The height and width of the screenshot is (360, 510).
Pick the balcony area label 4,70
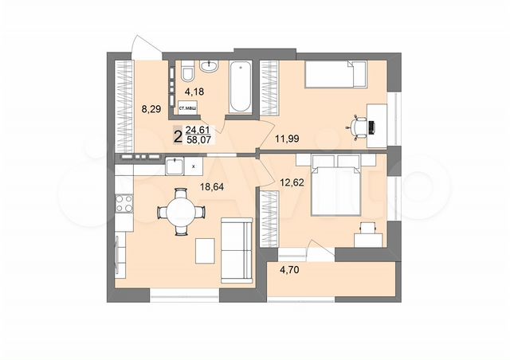tap(289, 270)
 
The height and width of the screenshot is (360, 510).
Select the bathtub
tap(238, 85)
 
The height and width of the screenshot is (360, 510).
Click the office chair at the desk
tap(359, 125)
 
